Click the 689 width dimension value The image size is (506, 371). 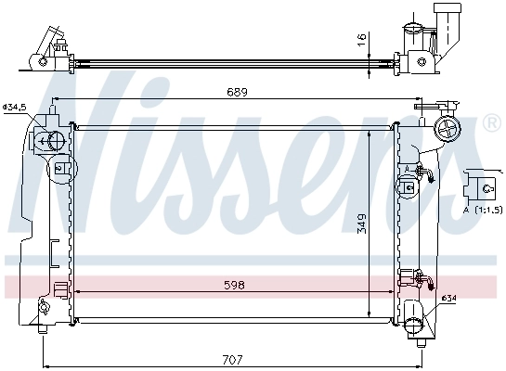(x=233, y=92)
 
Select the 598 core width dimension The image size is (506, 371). (x=233, y=287)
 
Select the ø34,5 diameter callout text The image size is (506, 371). (x=15, y=109)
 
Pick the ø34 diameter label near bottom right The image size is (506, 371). (x=448, y=298)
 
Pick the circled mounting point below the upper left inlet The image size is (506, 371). (x=60, y=169)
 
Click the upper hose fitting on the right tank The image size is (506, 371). (x=423, y=173)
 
